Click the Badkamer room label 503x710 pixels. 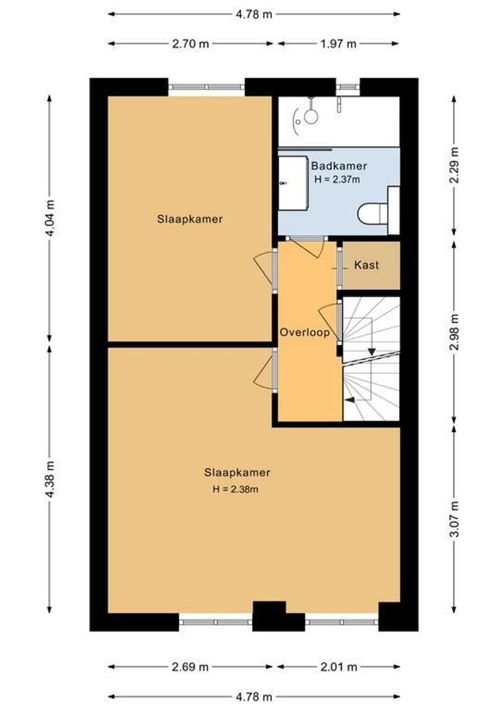point(338,166)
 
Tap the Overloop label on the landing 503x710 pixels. point(304,333)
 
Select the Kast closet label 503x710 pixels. point(367,266)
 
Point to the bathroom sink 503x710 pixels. point(293,183)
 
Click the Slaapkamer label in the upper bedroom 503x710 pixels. point(190,219)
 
